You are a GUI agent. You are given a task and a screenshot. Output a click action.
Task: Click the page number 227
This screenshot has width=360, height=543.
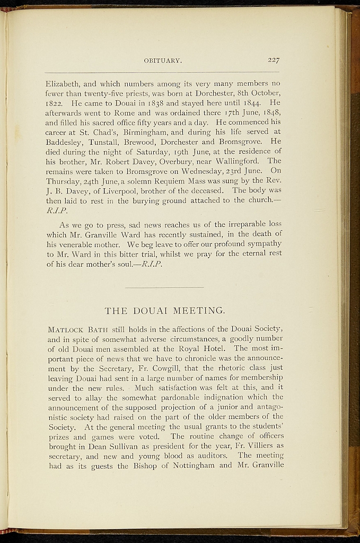(x=274, y=60)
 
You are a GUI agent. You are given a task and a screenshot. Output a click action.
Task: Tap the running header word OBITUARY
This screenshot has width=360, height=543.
(x=163, y=61)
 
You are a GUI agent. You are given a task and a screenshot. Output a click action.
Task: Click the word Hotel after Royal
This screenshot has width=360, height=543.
(x=218, y=348)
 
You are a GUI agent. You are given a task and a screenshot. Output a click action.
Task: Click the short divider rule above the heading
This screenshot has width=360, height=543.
(x=164, y=287)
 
